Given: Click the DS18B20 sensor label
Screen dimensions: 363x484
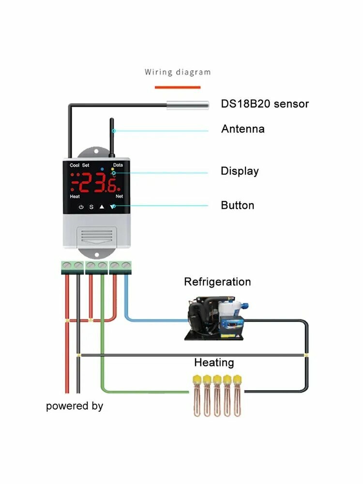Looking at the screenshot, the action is coord(265,104).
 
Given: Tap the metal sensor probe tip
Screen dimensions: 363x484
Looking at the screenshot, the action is coord(188,105).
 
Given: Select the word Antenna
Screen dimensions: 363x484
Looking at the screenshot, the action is coord(243,129).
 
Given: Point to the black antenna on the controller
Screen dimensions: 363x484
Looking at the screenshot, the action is coord(112,137).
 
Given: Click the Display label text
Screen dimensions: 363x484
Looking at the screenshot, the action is coord(240,171).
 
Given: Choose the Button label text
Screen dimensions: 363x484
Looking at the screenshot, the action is coord(237,205).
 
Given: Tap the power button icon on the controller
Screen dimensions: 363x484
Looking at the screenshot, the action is coord(81,207).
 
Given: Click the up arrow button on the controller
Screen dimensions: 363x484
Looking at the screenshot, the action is coord(102,207).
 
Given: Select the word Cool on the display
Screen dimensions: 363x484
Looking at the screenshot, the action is coord(75,165).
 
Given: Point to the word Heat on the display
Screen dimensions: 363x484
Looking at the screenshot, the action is coord(75,197).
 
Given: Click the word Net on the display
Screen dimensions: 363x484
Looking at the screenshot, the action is coord(120,197).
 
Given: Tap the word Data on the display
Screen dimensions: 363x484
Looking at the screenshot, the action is coord(118,165).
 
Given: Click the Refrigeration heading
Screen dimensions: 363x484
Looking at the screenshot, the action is coord(217,282).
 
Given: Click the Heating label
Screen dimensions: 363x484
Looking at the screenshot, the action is coord(214,363).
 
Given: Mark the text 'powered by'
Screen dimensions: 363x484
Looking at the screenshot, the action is coord(75,406).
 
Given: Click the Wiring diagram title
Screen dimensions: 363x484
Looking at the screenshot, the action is coord(178,72).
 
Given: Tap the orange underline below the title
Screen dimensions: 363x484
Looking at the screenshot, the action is coord(178,87).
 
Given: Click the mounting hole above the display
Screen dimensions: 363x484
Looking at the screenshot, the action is coord(96,151).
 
